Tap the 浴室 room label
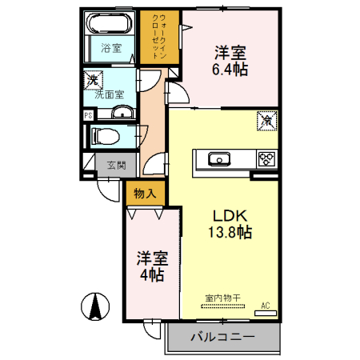(111, 48)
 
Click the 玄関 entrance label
(115, 166)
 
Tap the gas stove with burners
(266, 158)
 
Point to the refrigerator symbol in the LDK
(266, 122)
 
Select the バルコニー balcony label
(222, 338)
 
